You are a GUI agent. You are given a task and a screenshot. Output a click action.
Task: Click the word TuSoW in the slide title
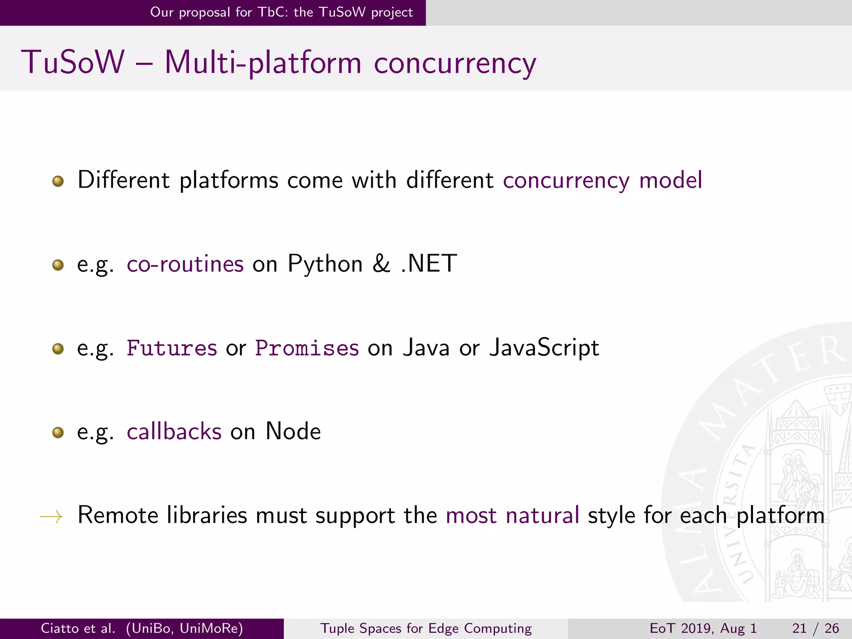pyautogui.click(x=73, y=62)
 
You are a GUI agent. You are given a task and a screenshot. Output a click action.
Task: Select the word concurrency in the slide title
pyautogui.click(x=455, y=63)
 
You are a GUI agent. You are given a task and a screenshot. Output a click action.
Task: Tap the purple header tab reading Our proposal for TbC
pyautogui.click(x=281, y=12)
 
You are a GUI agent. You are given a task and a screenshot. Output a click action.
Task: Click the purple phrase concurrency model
pyautogui.click(x=602, y=181)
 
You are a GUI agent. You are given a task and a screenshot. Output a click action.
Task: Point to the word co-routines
pyautogui.click(x=185, y=264)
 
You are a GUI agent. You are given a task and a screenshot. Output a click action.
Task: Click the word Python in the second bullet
pyautogui.click(x=325, y=264)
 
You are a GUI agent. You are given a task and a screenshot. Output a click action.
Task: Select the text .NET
pyautogui.click(x=429, y=264)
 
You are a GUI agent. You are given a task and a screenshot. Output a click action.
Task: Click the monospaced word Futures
pyautogui.click(x=171, y=348)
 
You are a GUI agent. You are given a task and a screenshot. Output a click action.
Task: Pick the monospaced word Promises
pyautogui.click(x=307, y=348)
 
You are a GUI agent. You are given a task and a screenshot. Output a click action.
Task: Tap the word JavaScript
pyautogui.click(x=544, y=348)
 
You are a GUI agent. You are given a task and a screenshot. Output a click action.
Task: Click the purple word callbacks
pyautogui.click(x=174, y=431)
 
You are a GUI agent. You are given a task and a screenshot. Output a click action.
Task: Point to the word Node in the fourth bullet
pyautogui.click(x=293, y=431)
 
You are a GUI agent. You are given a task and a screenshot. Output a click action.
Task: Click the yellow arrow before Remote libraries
pyautogui.click(x=51, y=517)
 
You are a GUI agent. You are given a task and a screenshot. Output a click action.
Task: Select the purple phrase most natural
pyautogui.click(x=512, y=515)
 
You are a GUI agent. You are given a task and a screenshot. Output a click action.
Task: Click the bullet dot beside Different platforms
pyautogui.click(x=58, y=181)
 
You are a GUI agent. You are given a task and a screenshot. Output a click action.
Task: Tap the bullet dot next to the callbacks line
pyautogui.click(x=58, y=433)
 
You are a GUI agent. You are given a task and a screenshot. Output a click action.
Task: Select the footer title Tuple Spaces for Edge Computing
pyautogui.click(x=426, y=628)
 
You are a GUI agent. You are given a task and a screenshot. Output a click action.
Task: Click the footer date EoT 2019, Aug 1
pyautogui.click(x=703, y=628)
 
